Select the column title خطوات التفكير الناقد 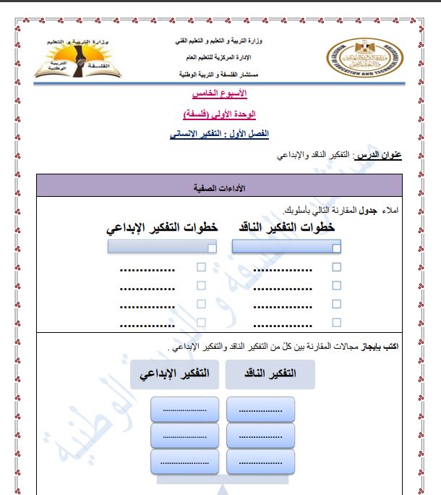[286, 227]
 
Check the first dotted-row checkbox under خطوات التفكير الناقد [336, 267]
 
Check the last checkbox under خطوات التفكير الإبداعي [202, 322]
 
